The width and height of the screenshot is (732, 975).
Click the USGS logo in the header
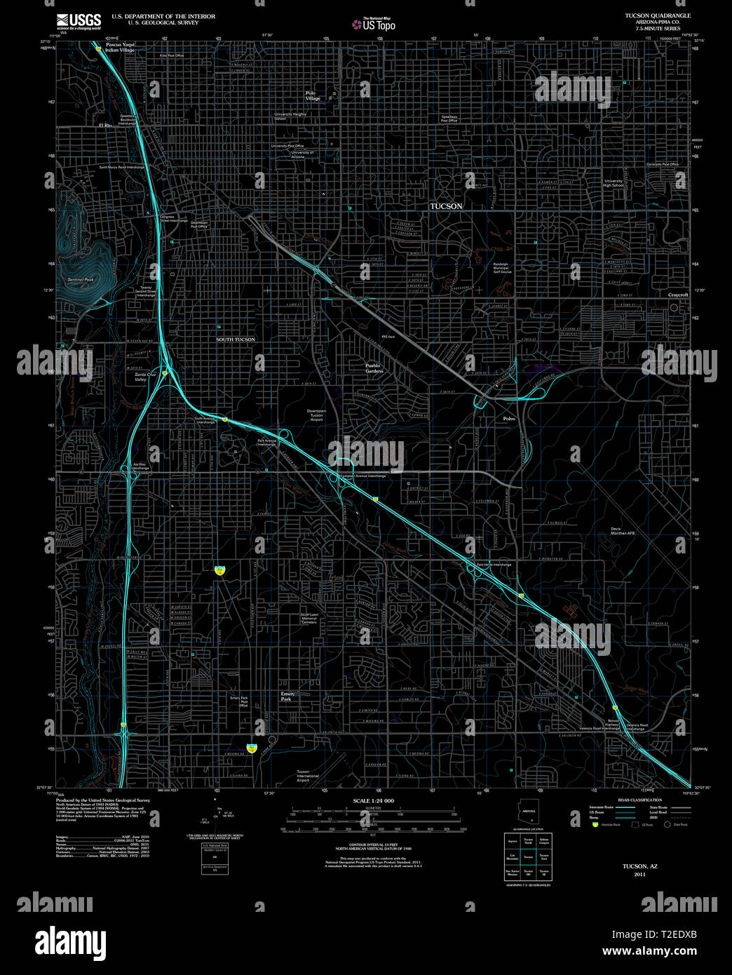(79, 20)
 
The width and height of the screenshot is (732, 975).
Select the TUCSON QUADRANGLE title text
(658, 15)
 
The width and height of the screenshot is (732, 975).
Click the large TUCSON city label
(446, 206)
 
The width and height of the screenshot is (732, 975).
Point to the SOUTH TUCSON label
(236, 339)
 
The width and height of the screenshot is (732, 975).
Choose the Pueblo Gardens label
(374, 368)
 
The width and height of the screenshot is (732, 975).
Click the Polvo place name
(509, 419)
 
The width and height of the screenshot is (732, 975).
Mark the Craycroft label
(678, 295)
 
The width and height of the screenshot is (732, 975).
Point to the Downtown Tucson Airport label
(316, 415)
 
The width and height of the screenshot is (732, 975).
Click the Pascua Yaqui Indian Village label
(120, 48)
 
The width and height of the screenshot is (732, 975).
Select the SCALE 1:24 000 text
(373, 801)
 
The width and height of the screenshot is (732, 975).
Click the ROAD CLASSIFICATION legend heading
(639, 800)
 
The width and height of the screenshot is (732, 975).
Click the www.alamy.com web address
(649, 951)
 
